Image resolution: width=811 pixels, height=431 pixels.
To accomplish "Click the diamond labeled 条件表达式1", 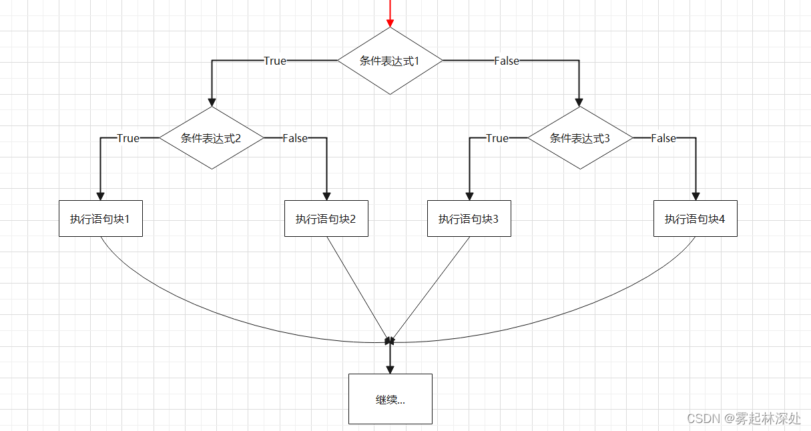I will (390, 61).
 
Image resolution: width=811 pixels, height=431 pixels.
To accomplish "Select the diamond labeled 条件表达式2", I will (211, 138).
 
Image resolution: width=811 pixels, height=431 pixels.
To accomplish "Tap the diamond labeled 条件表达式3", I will (580, 138).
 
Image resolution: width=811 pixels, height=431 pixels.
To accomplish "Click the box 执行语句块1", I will (101, 218).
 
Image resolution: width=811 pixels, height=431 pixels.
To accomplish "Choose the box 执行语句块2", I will (326, 218).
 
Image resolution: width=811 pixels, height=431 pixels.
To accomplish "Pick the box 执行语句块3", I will (469, 218).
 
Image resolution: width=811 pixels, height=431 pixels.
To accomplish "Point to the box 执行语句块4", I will (695, 218).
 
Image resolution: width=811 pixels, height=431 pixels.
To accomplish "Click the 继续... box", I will (390, 399).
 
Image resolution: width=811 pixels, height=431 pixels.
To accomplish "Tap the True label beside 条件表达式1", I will (275, 61).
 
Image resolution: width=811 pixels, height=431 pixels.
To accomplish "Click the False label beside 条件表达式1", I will (507, 61).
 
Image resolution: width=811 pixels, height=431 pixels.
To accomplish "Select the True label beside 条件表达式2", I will (128, 138).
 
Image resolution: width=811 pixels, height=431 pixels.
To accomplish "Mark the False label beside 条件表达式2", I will (295, 138).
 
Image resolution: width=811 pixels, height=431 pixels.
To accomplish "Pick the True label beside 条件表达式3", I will (497, 138).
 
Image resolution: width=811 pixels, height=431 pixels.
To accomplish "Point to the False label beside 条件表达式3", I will (663, 138).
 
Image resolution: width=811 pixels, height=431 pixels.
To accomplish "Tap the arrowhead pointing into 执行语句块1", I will (101, 195).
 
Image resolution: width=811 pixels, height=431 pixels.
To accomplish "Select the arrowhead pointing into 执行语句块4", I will (696, 195).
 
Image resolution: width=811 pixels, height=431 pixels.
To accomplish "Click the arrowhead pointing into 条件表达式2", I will (212, 102).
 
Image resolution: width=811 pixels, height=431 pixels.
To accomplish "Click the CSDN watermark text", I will (744, 418).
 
